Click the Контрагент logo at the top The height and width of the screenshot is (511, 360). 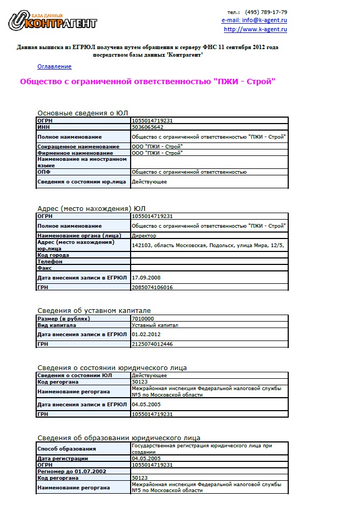tap(52, 22)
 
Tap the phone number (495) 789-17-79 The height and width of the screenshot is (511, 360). tap(266, 12)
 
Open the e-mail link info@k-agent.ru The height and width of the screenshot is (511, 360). tap(254, 21)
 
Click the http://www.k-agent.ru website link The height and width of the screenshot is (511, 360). tap(255, 30)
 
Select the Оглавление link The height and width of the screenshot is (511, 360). tap(54, 66)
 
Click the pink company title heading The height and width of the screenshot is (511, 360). tap(148, 81)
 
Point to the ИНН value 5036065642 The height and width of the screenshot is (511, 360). tap(147, 127)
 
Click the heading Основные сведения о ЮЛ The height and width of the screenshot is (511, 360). tap(82, 113)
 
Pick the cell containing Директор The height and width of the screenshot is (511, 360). tap(144, 236)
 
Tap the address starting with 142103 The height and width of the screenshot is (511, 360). tap(208, 245)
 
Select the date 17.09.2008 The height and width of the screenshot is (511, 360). tap(147, 277)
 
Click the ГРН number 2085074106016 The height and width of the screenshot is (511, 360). tap(152, 288)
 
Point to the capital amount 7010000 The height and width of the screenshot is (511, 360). tap(143, 318)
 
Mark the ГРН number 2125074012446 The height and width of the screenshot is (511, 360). tap(152, 344)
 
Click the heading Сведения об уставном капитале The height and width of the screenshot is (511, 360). tap(94, 310)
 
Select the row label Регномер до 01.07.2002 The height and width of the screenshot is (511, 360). tap(71, 471)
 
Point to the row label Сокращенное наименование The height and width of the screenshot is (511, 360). tap(78, 147)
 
